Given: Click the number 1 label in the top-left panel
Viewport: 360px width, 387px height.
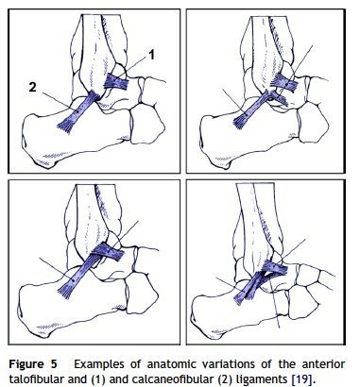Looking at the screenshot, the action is [151, 55].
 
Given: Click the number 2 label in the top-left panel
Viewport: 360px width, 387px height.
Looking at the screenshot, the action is [32, 87].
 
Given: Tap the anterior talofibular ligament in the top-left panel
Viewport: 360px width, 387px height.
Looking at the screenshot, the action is [116, 81].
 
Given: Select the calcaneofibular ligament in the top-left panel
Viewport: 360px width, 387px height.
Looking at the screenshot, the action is [78, 111].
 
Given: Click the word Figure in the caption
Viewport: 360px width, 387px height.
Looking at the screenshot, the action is [26, 364].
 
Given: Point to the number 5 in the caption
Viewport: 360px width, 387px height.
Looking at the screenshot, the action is [54, 364].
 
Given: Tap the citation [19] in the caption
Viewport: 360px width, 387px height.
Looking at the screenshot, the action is [300, 379].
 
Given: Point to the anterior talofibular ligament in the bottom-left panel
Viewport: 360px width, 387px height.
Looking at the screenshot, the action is [108, 252].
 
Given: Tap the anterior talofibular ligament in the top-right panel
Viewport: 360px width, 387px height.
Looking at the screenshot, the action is [284, 83].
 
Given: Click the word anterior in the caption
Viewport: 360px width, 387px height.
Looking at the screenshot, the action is [323, 364].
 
